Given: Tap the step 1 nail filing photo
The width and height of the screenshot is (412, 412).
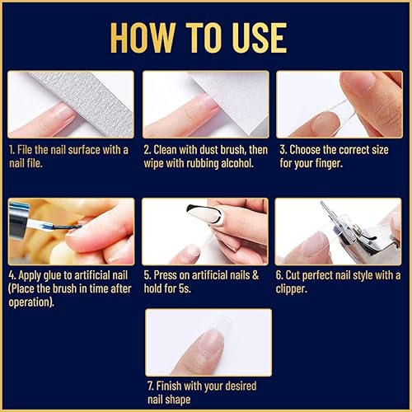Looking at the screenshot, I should coord(71,104).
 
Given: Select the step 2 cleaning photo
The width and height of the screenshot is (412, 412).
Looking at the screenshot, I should coord(205,104).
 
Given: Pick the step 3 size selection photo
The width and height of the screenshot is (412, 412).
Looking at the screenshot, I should coord(339,104).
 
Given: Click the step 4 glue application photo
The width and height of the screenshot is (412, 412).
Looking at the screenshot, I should coord(71,232).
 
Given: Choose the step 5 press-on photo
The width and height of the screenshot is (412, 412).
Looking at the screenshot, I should coord(205,232).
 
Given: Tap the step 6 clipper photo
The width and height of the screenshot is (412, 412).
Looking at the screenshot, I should coord(339,232).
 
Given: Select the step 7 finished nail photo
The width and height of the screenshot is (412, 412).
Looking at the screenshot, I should coord(208,342).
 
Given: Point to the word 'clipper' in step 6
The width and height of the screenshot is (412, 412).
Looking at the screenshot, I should coord(297,289).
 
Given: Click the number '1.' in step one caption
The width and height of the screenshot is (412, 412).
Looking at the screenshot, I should coord(13,149).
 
